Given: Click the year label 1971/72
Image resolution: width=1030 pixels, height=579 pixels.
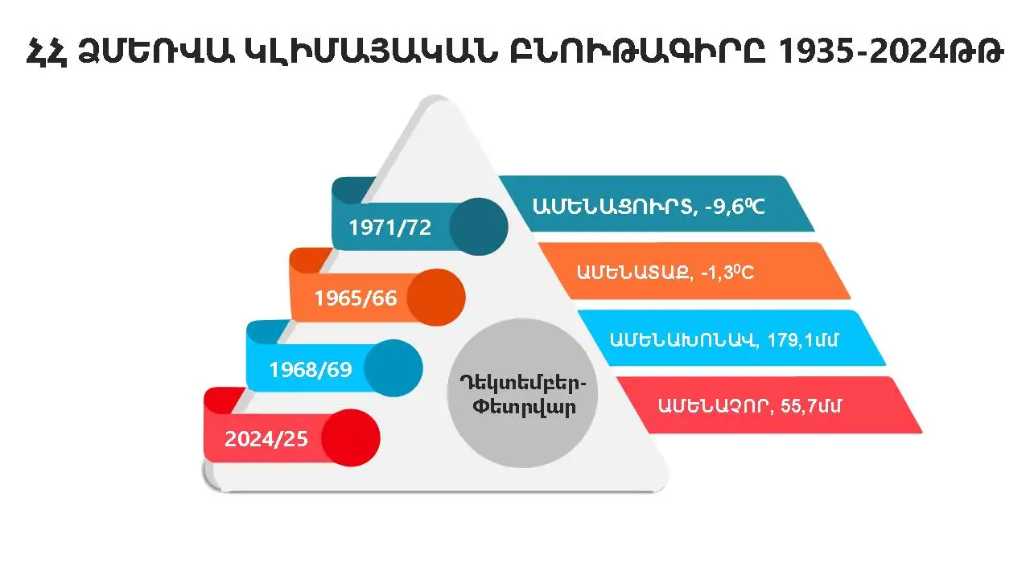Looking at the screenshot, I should coord(389,228).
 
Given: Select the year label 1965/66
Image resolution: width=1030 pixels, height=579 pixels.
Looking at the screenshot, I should coord(356,298).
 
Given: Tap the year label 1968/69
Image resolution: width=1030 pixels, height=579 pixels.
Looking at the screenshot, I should coord(309,370).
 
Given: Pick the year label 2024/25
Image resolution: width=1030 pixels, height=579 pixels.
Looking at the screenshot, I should coord(266,440).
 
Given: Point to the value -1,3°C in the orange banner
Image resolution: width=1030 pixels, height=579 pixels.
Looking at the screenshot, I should coord(726,273).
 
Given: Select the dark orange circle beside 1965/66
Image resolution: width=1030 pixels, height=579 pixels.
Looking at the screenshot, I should coord(436,298).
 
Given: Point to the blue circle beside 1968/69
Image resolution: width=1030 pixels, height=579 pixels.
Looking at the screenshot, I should coord(393,369).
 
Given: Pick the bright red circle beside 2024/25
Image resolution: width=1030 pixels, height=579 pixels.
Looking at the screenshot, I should coord(351,439).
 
